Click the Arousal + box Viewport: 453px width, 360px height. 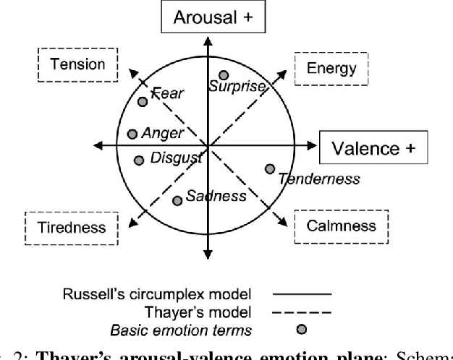point(207,17)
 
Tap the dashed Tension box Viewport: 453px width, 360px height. point(77,64)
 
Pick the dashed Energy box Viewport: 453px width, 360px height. point(331,69)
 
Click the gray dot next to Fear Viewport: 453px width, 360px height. point(143,102)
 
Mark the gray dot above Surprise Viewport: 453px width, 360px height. point(224,75)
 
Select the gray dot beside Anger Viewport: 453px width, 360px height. point(132,134)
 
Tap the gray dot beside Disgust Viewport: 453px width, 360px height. point(138,160)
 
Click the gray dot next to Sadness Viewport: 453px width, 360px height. point(177,200)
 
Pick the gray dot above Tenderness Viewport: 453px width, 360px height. point(270,169)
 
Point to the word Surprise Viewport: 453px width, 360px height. point(237,87)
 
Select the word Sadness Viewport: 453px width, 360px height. point(216,196)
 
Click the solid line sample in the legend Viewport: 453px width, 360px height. point(302,293)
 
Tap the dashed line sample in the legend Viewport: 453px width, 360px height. point(302,312)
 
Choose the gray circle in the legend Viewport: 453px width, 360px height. point(302,330)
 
